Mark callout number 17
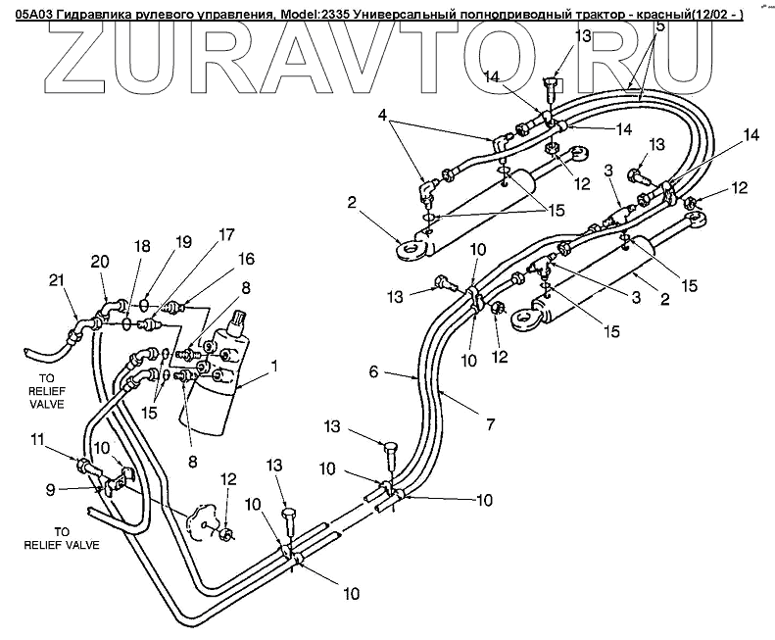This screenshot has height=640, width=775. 226,234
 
